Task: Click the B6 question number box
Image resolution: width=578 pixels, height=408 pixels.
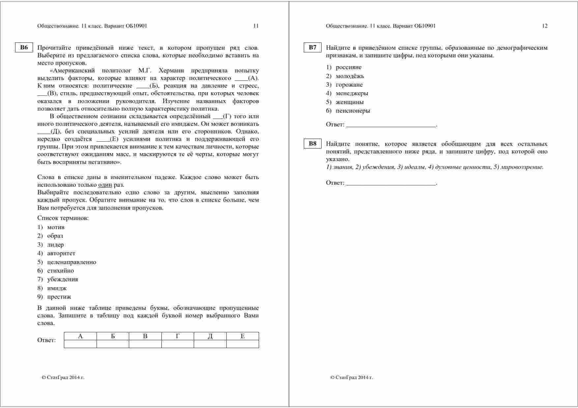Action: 24,47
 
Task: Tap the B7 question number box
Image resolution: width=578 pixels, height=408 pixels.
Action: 312,47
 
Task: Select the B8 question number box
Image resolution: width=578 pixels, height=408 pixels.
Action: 312,144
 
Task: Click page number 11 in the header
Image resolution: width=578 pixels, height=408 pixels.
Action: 256,26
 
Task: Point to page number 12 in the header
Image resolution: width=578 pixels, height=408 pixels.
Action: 544,26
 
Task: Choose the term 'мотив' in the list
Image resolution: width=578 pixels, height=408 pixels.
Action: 56,227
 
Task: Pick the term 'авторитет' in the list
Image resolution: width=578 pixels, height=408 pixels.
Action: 61,253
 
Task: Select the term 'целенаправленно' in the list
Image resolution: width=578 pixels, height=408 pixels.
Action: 72,262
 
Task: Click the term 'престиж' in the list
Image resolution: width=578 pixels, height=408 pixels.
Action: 59,297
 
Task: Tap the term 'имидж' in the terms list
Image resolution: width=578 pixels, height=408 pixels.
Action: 57,288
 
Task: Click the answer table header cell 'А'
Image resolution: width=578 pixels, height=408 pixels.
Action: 80,336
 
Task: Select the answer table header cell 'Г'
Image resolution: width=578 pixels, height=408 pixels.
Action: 178,336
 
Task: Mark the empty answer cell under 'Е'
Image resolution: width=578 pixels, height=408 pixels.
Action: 243,344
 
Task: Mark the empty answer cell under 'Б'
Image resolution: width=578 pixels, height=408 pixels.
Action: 113,344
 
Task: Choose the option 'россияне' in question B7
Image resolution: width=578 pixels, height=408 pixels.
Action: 348,68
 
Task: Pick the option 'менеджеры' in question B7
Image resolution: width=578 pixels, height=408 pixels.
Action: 352,94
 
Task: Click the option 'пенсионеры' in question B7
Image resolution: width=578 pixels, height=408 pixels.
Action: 353,111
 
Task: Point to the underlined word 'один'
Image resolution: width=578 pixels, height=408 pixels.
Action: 105,185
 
